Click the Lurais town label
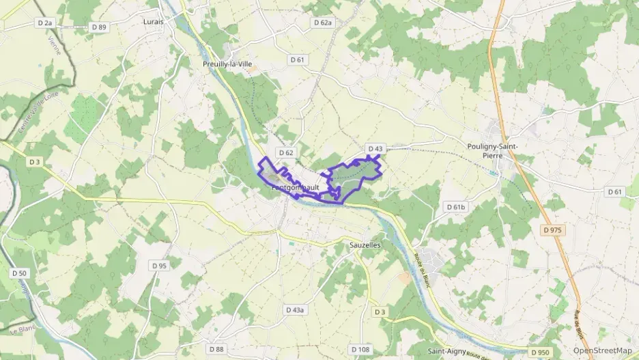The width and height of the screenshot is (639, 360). tap(154, 21)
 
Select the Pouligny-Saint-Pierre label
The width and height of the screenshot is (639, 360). tap(493, 150)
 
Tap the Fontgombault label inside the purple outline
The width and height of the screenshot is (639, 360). tap(296, 187)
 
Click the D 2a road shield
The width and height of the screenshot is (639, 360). tap(45, 23)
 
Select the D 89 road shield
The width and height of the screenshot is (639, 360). tap(100, 27)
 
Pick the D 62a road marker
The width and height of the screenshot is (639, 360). tap(323, 23)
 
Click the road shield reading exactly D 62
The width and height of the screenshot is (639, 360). tap(285, 152)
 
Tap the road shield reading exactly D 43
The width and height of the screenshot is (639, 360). tap(375, 148)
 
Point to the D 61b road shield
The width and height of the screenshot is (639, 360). tap(455, 206)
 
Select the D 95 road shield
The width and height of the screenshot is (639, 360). tap(159, 265)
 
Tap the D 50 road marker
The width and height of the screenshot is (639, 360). tap(19, 273)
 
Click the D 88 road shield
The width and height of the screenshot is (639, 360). tap(216, 349)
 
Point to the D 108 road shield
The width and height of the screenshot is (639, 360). tap(361, 349)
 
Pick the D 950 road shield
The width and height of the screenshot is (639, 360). tap(539, 352)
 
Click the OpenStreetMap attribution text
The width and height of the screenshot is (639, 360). tap(602, 350)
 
